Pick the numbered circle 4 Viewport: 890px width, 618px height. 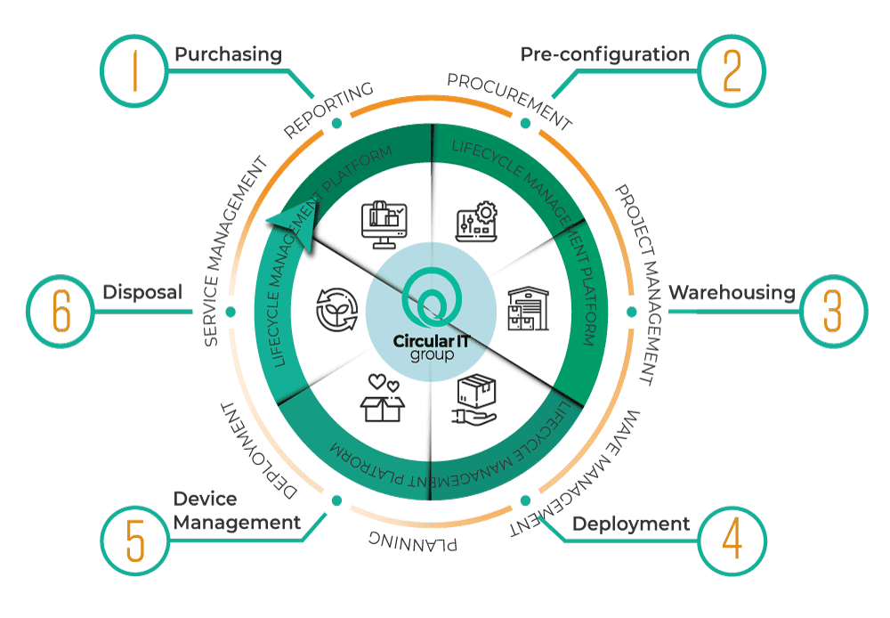[732, 539]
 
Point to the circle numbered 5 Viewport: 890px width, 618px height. [134, 539]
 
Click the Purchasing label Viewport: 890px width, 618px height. [228, 55]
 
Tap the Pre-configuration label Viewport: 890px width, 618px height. [604, 55]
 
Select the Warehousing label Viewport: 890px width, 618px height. [732, 292]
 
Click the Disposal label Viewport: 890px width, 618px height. [142, 292]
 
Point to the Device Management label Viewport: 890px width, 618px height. [237, 511]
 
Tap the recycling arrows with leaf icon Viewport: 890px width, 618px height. [337, 308]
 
